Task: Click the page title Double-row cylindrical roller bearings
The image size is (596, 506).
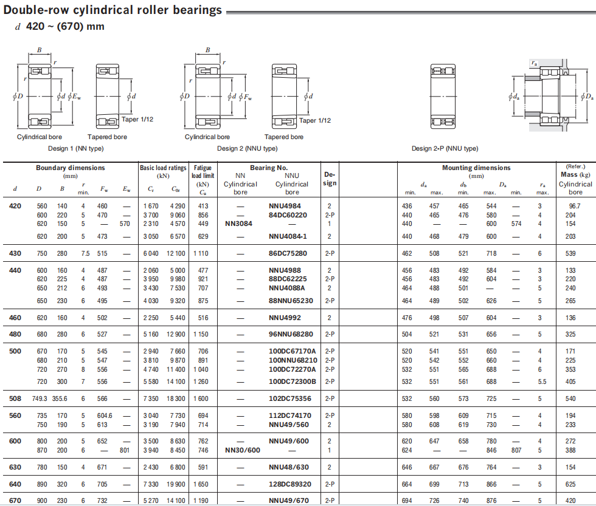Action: (113, 10)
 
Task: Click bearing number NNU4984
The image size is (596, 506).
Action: (284, 206)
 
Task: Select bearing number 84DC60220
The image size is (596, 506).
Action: (288, 215)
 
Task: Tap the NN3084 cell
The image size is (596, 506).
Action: (238, 224)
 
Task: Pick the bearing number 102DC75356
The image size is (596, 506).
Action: (290, 398)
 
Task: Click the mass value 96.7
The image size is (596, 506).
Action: (574, 206)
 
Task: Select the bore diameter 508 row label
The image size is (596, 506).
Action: (15, 398)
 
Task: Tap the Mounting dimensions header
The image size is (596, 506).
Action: (476, 168)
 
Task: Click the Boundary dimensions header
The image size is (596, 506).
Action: (70, 168)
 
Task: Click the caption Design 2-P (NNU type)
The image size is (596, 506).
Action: (445, 148)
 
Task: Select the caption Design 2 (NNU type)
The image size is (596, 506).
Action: (247, 148)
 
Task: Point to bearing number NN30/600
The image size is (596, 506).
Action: (242, 450)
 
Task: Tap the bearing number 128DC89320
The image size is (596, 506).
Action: (290, 484)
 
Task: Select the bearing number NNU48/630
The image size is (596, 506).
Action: (289, 467)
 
